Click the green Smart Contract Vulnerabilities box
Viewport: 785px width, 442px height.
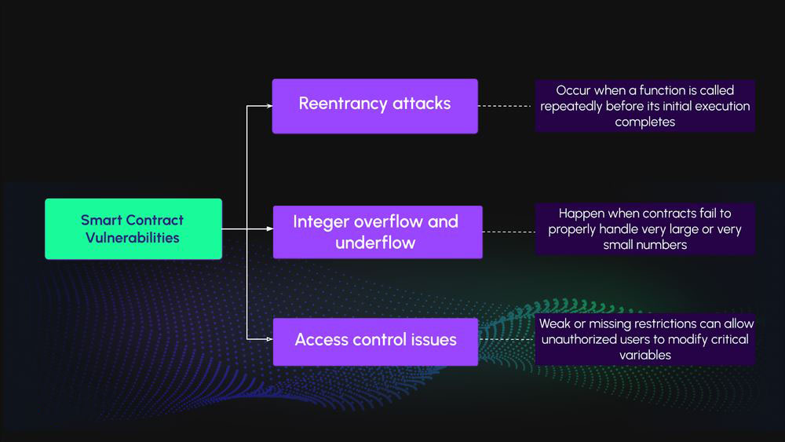pos(133,228)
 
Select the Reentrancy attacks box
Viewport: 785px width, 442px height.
pos(374,105)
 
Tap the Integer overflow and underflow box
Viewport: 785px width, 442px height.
pos(377,232)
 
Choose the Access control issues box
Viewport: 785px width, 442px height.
pos(375,341)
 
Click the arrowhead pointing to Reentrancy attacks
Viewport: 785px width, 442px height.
pos(268,105)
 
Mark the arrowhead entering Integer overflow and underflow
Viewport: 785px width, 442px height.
pos(268,229)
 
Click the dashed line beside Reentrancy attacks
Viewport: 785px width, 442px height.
pos(506,105)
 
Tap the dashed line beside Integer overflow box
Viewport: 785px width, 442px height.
pos(509,232)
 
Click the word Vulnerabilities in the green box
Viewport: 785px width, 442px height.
pos(133,237)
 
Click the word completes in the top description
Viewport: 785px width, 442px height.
pos(644,122)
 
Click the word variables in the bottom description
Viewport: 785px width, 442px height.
pos(645,354)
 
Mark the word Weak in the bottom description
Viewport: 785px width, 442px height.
pos(555,323)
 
